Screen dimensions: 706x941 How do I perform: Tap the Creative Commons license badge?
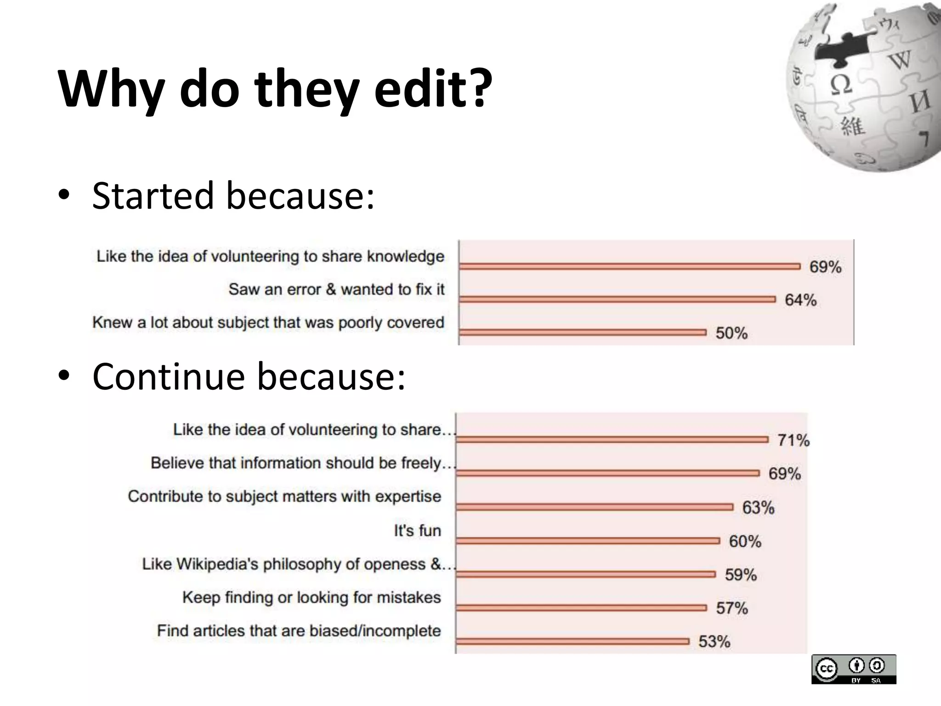point(853,669)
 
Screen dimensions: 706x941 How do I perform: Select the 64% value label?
point(800,300)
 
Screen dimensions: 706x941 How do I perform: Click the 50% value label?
point(731,333)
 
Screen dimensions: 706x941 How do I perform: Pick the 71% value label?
point(794,440)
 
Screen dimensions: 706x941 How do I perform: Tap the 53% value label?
point(714,642)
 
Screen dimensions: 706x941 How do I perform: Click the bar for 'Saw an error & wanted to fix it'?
point(617,300)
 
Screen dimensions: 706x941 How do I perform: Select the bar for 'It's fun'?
point(588,541)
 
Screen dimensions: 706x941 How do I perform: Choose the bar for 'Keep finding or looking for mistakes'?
point(581,608)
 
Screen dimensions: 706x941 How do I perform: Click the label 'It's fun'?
point(417,531)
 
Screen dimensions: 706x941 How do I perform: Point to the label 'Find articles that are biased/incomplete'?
point(299,631)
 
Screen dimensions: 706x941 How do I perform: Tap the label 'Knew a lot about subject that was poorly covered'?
point(268,323)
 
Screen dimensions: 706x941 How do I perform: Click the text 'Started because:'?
point(233,195)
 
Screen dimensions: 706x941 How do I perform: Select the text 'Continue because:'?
point(249,376)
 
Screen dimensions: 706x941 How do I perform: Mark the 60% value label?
point(745,541)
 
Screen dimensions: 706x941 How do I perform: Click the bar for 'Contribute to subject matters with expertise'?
point(595,507)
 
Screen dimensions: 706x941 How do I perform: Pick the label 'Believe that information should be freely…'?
point(303,463)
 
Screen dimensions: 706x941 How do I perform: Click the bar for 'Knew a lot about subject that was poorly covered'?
point(583,332)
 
